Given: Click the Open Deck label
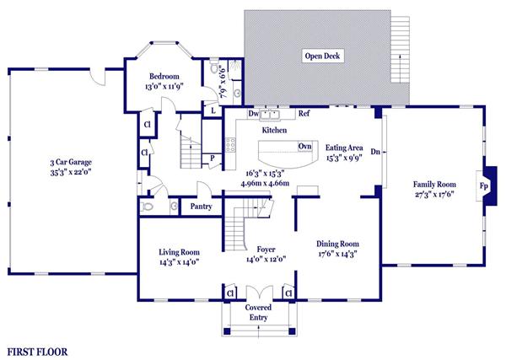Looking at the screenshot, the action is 322,56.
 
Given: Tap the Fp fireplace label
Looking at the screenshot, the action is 483,185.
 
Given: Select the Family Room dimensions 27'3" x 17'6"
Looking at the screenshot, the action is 434,195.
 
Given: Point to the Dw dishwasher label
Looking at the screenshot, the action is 254,114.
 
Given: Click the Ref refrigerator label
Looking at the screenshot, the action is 304,113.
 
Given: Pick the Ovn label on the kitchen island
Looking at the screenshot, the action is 305,146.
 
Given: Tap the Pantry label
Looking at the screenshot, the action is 201,207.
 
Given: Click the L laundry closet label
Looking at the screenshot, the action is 213,111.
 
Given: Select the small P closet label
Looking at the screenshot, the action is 213,159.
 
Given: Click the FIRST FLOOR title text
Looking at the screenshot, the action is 37,352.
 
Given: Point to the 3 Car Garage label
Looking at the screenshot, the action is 71,162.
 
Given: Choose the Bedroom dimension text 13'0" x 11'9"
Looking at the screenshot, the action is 164,87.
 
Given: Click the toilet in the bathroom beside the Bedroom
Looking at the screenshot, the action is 213,67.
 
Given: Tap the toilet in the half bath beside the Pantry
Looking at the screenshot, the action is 147,206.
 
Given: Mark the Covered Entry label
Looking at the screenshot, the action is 258,312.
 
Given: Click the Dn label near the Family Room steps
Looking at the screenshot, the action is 375,151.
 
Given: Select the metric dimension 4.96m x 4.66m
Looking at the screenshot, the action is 265,184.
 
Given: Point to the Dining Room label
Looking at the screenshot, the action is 337,244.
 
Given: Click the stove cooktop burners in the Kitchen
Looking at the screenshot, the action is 230,145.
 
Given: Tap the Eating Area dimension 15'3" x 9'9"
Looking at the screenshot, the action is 344,158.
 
